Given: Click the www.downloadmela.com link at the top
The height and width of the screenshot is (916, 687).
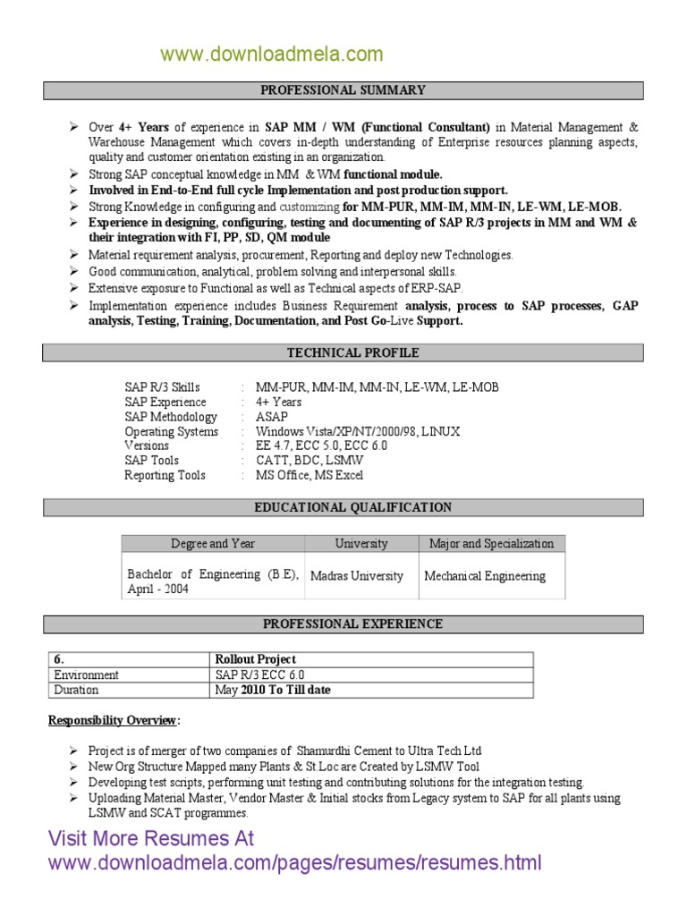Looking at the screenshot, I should click(271, 55).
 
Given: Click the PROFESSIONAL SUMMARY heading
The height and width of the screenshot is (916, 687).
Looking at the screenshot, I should click(343, 90).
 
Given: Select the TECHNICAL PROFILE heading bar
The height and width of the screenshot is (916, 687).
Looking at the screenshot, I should click(343, 353).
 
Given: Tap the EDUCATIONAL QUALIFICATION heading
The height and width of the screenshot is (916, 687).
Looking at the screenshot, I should click(343, 508).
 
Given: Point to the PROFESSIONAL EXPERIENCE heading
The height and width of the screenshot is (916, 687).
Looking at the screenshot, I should click(343, 624).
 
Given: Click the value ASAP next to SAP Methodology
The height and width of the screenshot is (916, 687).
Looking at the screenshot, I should click(272, 417).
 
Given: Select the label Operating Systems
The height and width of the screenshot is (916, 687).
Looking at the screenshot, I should click(171, 432).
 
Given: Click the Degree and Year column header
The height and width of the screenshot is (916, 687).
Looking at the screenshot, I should click(213, 544).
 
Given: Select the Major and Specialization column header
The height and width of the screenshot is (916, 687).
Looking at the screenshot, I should click(491, 544).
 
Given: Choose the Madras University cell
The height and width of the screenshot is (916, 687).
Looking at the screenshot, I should click(356, 576).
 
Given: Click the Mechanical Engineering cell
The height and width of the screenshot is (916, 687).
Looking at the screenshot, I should click(484, 576).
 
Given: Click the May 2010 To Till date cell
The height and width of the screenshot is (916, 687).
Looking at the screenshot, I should click(273, 691).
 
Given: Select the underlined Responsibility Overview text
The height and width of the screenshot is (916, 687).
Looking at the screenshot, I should click(114, 721).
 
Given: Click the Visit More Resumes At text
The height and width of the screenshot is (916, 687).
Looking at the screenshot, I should click(150, 839).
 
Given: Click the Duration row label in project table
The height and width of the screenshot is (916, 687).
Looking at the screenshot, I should click(77, 691).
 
